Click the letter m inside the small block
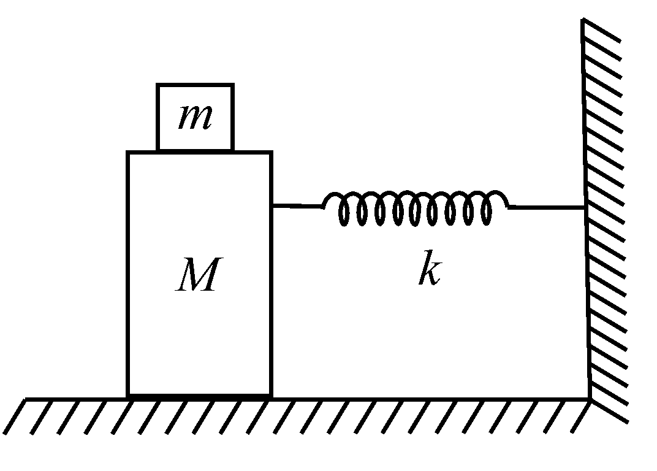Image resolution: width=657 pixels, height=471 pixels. (x=196, y=117)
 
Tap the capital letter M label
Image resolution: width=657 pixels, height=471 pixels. (x=199, y=274)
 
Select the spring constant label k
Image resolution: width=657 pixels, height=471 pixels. (x=430, y=268)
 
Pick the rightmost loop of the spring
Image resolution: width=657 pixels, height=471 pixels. (x=486, y=209)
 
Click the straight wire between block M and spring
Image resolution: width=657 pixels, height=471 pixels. (x=298, y=205)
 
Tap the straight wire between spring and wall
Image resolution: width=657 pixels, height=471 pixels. (x=547, y=207)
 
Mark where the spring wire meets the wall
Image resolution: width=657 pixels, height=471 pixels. (x=586, y=207)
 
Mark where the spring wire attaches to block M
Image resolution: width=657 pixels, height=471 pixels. (x=273, y=205)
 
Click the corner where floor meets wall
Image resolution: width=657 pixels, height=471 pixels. (x=590, y=399)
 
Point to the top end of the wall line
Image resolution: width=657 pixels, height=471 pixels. (x=583, y=18)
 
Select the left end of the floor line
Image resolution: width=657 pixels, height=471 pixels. (x=25, y=399)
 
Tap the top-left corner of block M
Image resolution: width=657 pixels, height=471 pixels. (x=127, y=152)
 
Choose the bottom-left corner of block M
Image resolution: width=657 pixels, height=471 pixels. (x=128, y=396)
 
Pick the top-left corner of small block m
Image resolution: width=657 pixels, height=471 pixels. (x=158, y=84)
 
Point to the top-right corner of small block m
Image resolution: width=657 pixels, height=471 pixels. (x=233, y=84)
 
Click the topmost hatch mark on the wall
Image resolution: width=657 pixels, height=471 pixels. (x=602, y=30)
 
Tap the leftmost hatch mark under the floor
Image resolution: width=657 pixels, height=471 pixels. (x=15, y=417)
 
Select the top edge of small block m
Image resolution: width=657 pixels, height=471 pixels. (x=196, y=85)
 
